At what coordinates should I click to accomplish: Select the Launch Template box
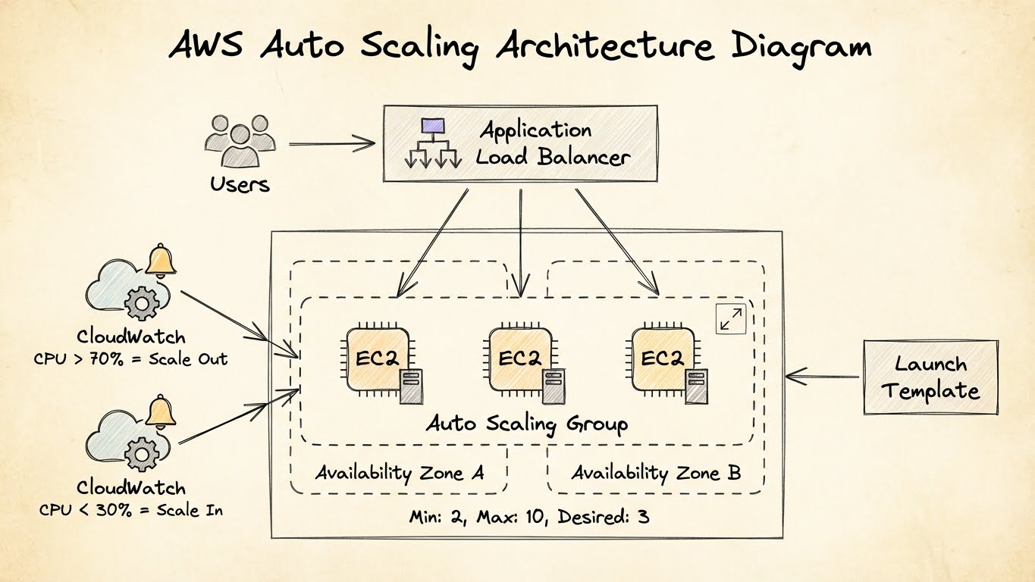[x=930, y=377]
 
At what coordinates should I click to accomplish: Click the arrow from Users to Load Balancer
[x=331, y=143]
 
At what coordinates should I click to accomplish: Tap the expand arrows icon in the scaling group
[x=731, y=319]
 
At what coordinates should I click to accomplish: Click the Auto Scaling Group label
[x=527, y=423]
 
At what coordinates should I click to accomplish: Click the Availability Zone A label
[x=399, y=473]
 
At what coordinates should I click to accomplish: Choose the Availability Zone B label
[x=656, y=473]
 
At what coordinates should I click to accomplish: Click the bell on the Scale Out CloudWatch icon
[x=161, y=261]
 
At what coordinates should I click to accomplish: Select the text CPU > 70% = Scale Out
[x=130, y=358]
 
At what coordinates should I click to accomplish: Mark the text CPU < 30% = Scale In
[x=130, y=509]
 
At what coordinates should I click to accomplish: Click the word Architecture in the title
[x=604, y=47]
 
